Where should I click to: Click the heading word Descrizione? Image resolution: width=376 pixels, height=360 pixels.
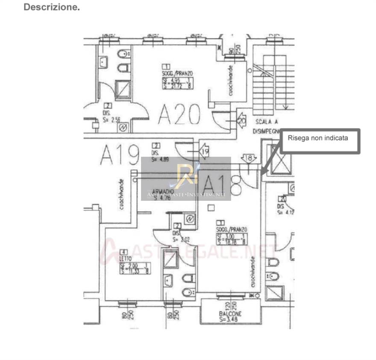(52, 7)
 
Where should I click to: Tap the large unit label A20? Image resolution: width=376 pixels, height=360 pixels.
(179, 114)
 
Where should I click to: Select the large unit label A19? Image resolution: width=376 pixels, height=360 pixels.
(120, 155)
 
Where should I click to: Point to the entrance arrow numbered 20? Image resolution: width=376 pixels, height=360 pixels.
(241, 121)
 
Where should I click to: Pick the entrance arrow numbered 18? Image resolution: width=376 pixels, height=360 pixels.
(249, 158)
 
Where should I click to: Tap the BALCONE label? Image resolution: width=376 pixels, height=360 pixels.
(230, 313)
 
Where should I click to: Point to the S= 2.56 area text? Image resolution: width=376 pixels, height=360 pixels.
(112, 120)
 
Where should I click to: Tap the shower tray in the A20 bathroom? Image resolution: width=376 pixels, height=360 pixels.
(123, 89)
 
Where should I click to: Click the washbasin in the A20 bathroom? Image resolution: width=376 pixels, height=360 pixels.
(104, 62)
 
